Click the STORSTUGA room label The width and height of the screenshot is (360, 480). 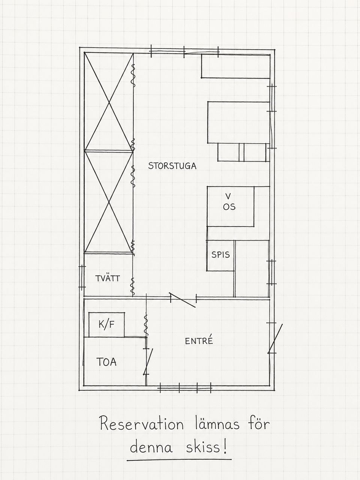point(172,166)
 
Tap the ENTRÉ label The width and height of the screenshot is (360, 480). point(199,341)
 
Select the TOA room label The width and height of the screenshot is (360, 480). point(106,362)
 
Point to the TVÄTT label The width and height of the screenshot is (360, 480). point(108,278)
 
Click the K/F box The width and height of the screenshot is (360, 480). point(106,325)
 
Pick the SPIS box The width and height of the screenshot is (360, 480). point(220,255)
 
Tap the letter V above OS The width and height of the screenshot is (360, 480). point(228,196)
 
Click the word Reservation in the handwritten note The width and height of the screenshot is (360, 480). point(141,424)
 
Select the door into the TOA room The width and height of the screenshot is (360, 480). point(148,361)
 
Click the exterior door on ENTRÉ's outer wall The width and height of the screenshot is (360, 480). point(275,339)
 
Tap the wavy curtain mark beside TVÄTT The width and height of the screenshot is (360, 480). point(132,286)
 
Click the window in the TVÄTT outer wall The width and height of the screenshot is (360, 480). point(82,278)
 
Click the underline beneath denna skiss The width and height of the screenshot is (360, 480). point(179,460)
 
